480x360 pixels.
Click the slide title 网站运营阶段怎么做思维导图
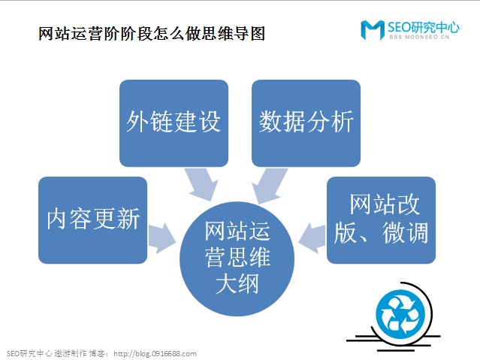(x=151, y=34)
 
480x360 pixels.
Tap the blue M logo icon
(x=373, y=29)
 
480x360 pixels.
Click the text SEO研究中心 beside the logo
(x=423, y=26)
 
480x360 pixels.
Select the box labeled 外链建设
(x=174, y=123)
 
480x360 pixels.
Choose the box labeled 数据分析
(x=306, y=123)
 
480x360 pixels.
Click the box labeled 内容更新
(x=92, y=219)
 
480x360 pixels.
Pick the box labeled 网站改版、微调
(x=381, y=219)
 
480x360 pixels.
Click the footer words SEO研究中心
(x=29, y=353)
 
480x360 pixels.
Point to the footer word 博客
(x=98, y=353)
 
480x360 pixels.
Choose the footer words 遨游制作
(x=70, y=353)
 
